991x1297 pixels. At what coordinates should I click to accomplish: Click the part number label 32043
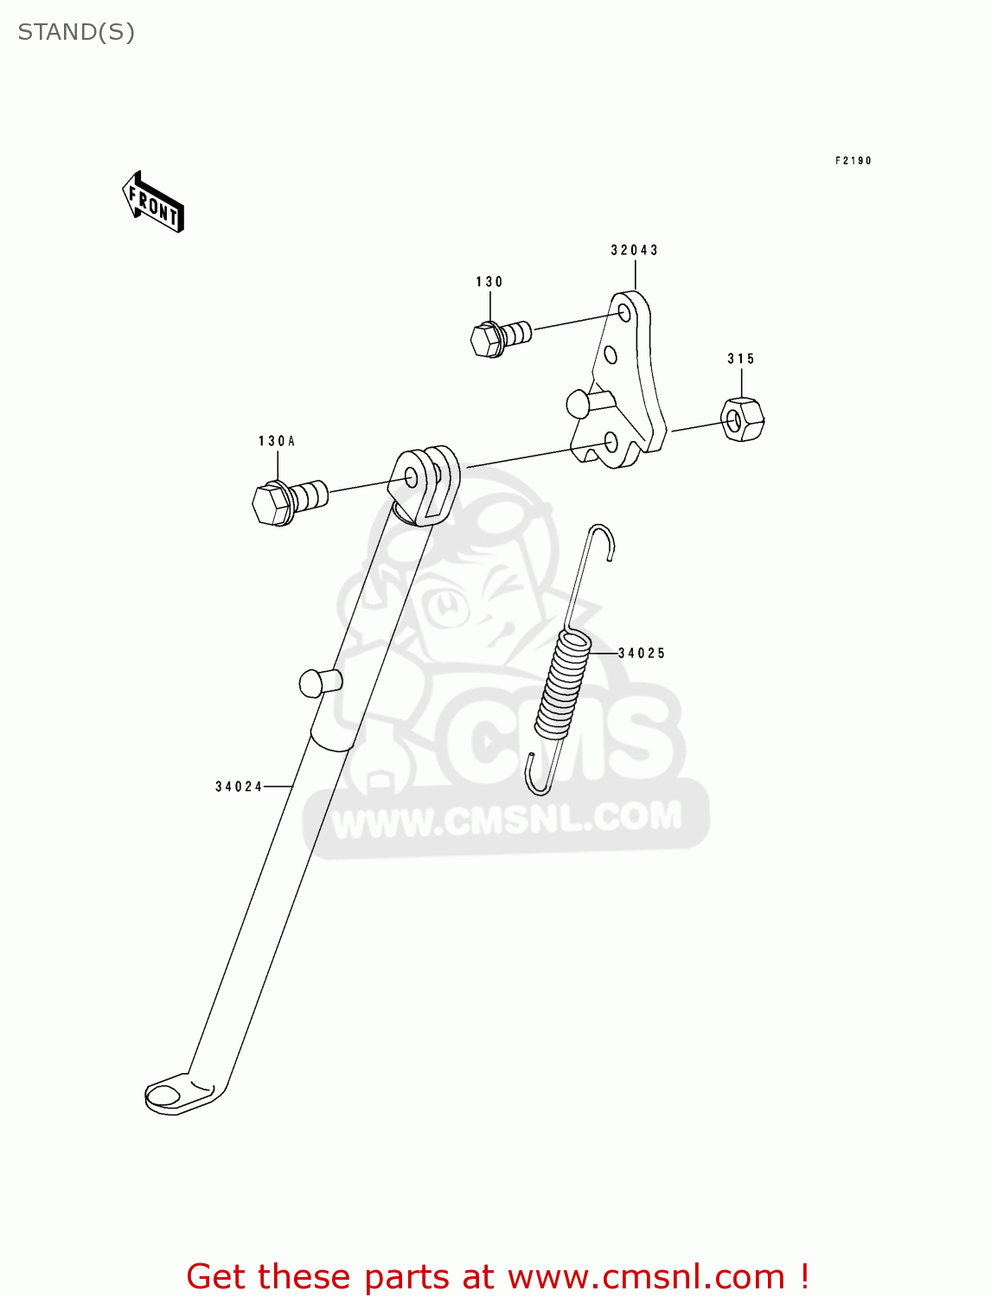point(634,251)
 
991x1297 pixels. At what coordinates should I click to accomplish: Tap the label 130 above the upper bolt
point(489,282)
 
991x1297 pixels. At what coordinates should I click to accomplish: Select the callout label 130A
point(277,441)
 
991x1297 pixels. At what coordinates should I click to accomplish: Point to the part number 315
point(741,359)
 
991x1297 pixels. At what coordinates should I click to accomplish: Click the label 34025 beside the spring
point(642,654)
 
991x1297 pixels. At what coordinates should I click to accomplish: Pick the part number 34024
point(239,787)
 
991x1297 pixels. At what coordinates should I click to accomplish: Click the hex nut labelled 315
point(742,418)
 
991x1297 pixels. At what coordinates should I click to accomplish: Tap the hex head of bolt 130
point(487,340)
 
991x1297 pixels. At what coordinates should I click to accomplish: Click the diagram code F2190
point(853,161)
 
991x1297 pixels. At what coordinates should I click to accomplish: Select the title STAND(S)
point(76,33)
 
